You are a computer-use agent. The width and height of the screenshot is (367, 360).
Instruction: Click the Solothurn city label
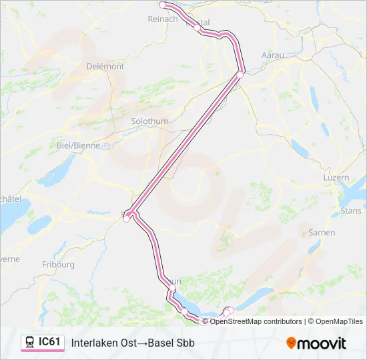click(x=149, y=122)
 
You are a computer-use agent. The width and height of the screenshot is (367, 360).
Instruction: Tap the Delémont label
click(x=105, y=67)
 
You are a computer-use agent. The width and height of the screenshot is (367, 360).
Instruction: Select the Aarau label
click(x=273, y=55)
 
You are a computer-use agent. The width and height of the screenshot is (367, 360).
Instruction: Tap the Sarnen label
click(x=322, y=233)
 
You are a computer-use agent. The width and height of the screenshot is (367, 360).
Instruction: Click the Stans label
click(x=351, y=211)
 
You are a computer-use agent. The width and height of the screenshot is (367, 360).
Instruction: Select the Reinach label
click(x=162, y=19)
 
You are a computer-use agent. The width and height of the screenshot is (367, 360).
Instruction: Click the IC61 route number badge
click(x=50, y=343)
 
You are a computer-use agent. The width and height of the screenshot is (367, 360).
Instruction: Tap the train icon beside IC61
click(x=30, y=343)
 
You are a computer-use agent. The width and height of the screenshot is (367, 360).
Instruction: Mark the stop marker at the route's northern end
click(x=162, y=5)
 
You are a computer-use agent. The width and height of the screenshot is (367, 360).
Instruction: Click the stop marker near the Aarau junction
click(x=241, y=73)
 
